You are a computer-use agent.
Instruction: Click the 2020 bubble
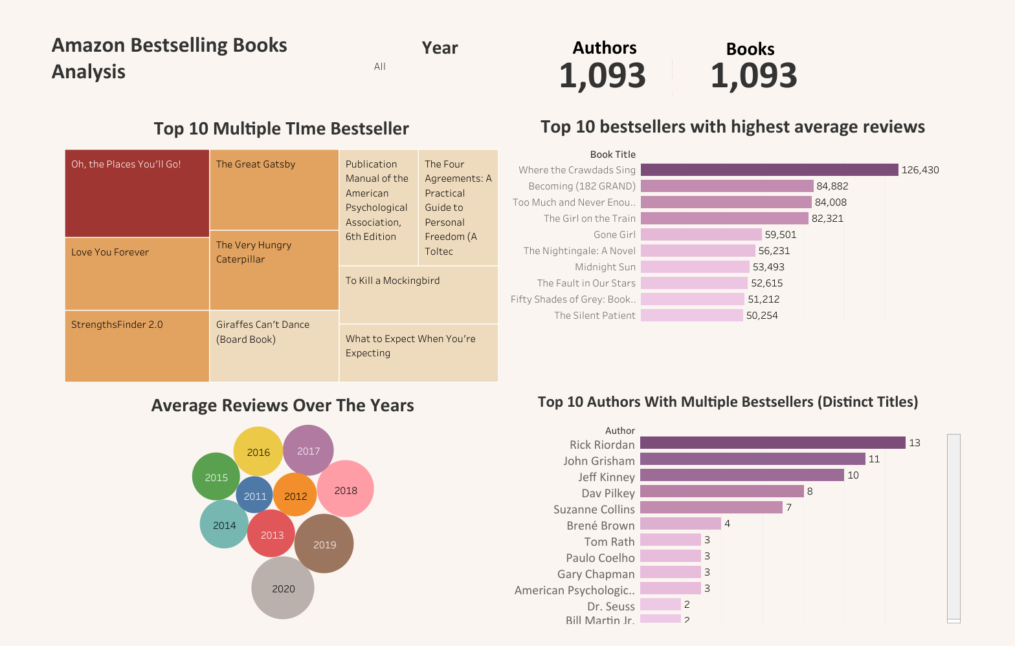[x=283, y=588]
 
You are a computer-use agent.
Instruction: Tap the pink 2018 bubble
[x=346, y=490]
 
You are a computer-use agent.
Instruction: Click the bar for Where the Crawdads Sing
[x=769, y=170]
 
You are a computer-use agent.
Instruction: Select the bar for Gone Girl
[x=701, y=235]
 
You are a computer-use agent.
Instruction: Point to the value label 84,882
[x=832, y=186]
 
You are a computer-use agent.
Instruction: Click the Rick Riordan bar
[x=772, y=443]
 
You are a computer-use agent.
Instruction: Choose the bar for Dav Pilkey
[x=722, y=491]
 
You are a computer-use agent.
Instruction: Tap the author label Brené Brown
[x=600, y=526]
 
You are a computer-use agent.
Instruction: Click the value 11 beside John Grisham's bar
[x=874, y=459]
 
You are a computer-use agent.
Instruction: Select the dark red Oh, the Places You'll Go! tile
[x=137, y=193]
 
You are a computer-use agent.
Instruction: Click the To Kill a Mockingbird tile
[x=418, y=295]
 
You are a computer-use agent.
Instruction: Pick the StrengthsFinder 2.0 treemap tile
[x=137, y=346]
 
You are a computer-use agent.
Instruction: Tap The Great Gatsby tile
[x=274, y=190]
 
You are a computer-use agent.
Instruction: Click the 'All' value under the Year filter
[x=380, y=67]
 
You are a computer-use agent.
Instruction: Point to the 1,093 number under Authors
[x=602, y=76]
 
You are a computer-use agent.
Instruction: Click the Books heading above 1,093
[x=750, y=49]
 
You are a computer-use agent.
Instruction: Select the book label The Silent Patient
[x=594, y=316]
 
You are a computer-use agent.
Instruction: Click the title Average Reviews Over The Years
[x=282, y=405]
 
